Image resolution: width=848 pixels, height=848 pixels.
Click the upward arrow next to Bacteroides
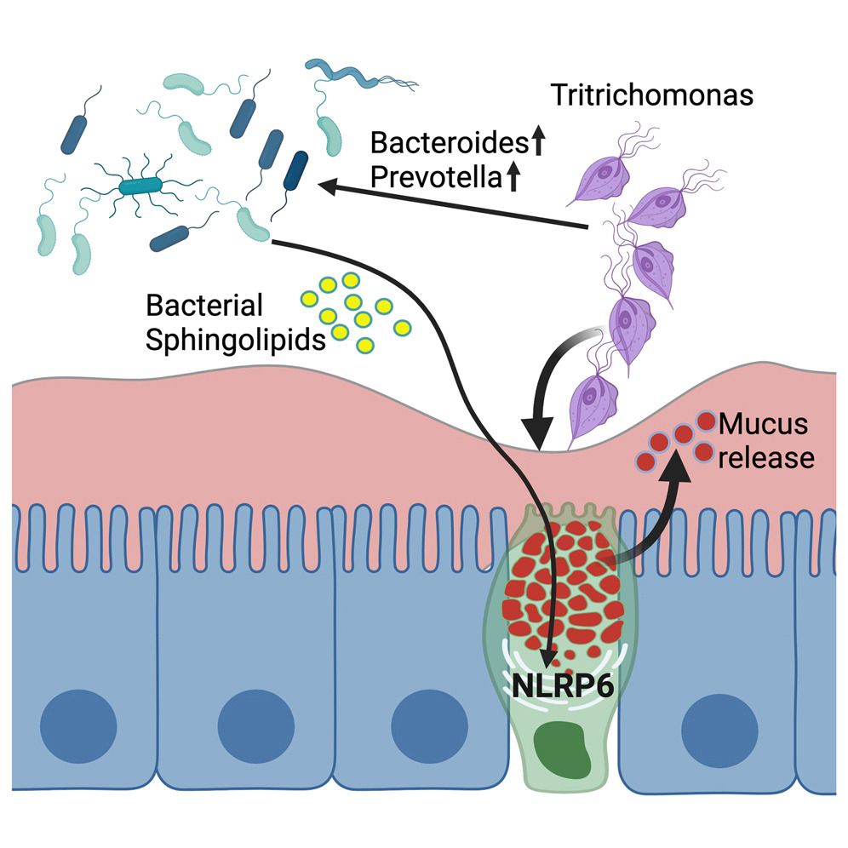point(536,145)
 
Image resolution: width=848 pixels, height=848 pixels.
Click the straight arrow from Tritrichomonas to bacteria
point(451,204)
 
